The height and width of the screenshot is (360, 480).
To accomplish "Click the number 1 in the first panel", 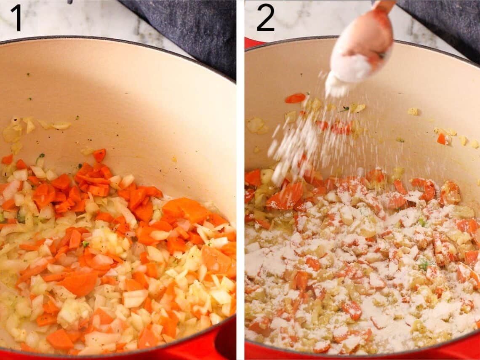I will [x=16, y=17].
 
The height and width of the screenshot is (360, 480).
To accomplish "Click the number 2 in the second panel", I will [x=265, y=17].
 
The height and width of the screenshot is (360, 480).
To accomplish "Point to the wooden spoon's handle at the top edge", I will [x=384, y=5].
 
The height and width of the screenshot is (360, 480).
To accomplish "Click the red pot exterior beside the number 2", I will [x=253, y=43].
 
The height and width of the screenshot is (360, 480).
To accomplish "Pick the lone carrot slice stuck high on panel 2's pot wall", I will [x=295, y=98].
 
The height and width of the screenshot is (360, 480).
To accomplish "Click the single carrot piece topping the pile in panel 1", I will [x=99, y=155].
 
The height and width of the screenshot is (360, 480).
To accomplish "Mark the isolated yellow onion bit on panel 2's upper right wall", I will [x=413, y=111].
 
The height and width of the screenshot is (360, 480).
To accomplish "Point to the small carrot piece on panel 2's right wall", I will [x=442, y=139].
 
